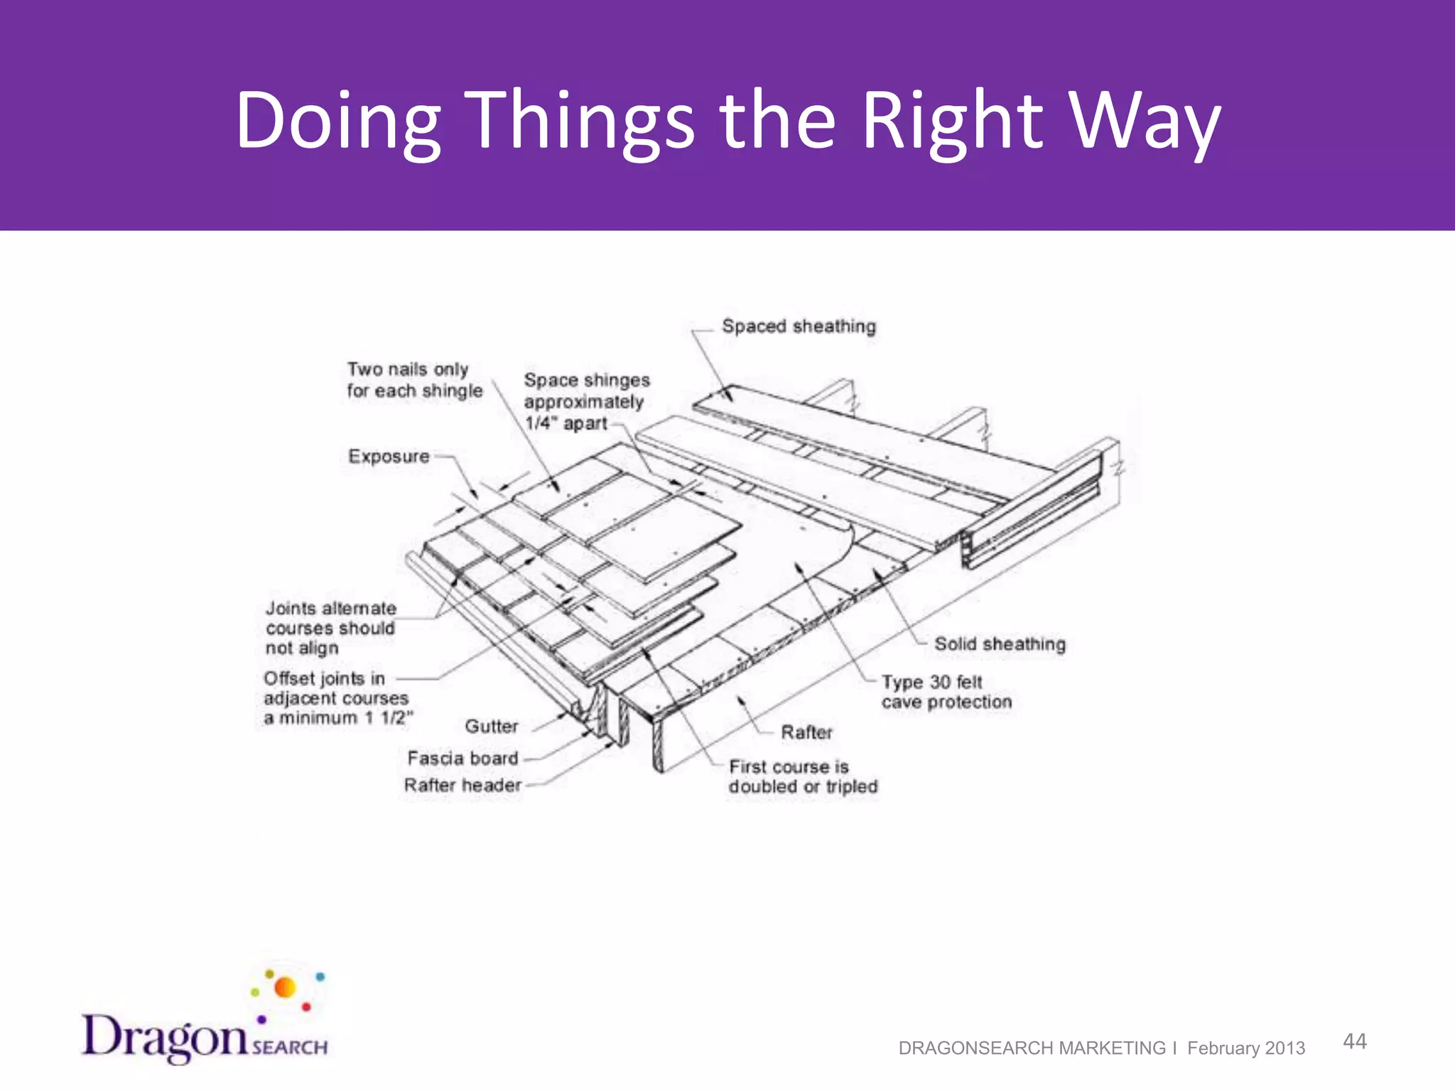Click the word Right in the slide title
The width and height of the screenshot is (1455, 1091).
point(953,121)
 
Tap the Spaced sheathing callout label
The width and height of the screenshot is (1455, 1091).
point(799,326)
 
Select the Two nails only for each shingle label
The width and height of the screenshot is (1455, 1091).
point(414,380)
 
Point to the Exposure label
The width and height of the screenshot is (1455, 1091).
point(389,456)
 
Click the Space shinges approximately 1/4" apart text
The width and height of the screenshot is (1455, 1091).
point(585,401)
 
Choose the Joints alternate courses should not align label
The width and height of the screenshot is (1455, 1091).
point(330,628)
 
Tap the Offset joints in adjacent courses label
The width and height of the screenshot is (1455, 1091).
point(336,698)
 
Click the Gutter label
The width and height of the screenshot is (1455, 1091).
point(491,726)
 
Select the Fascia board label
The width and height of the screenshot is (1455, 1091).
point(463,758)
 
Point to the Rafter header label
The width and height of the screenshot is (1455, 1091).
point(463,785)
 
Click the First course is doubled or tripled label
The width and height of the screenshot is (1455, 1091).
point(803,776)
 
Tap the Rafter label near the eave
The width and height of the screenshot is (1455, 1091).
point(806,732)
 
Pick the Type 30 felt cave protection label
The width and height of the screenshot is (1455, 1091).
point(946,692)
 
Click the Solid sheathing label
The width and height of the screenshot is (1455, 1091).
point(1000,644)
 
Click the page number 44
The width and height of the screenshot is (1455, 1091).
point(1354,1041)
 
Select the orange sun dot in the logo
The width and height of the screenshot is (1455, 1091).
point(285,987)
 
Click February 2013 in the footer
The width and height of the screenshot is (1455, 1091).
point(1246,1048)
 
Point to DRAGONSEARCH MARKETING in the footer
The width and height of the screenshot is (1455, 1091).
point(1032,1048)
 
